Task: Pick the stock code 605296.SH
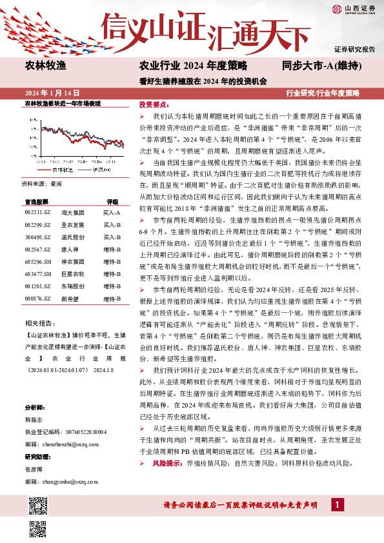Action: click(37, 262)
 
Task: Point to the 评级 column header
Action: click(112, 201)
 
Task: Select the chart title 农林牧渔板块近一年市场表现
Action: click(62, 103)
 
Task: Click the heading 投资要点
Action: click(154, 104)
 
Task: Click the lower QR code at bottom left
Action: click(37, 529)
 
